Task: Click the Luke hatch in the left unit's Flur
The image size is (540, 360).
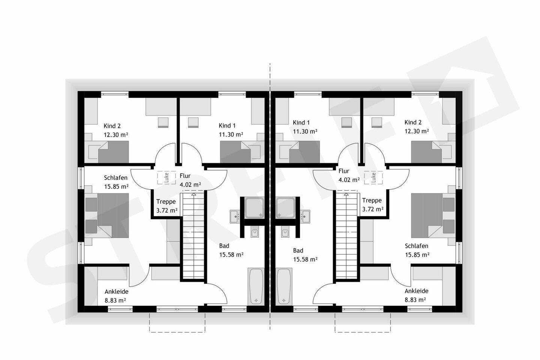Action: click(x=166, y=178)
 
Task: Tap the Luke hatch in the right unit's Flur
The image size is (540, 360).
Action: click(x=373, y=178)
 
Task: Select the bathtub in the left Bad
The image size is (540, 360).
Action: click(x=256, y=287)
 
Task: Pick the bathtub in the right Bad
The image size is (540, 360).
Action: click(x=284, y=287)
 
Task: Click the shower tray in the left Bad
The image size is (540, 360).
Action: click(x=255, y=208)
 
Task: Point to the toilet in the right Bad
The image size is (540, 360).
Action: click(x=285, y=232)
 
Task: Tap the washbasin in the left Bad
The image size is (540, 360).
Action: click(x=235, y=216)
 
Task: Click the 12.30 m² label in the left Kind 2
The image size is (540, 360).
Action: click(x=116, y=135)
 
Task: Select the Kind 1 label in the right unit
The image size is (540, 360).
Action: click(x=301, y=123)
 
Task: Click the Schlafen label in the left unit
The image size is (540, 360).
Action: click(x=116, y=178)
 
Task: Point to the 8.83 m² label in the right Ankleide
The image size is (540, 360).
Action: click(x=415, y=300)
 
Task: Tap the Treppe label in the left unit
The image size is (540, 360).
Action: click(x=166, y=202)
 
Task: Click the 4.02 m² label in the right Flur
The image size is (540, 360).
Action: click(x=349, y=180)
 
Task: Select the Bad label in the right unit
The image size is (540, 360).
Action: click(x=298, y=250)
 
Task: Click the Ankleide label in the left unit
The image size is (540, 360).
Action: click(x=116, y=291)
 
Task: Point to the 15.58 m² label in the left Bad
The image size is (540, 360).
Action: click(x=231, y=255)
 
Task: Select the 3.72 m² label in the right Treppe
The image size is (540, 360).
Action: click(x=373, y=209)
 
